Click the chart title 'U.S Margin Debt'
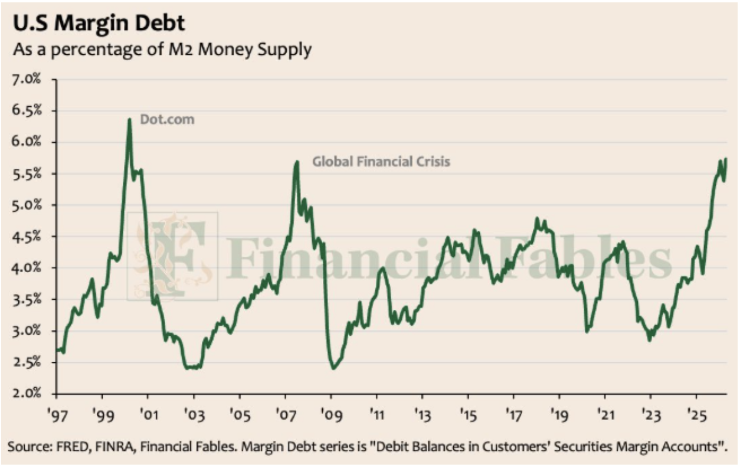tap(99, 24)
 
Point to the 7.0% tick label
tap(27, 80)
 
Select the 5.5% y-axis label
tap(27, 174)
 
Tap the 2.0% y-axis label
tap(27, 394)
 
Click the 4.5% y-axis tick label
tap(27, 237)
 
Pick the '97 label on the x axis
tap(57, 415)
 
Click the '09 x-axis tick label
tap(331, 415)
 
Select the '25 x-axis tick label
tap(696, 415)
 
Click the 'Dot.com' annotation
tap(167, 120)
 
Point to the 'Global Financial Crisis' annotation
tap(381, 162)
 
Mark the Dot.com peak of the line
tap(129, 120)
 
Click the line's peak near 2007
tap(297, 162)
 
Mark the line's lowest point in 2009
tap(333, 368)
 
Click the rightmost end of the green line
tap(726, 159)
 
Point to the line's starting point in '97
tap(57, 350)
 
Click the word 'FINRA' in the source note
tap(114, 447)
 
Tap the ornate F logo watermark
tap(172, 256)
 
